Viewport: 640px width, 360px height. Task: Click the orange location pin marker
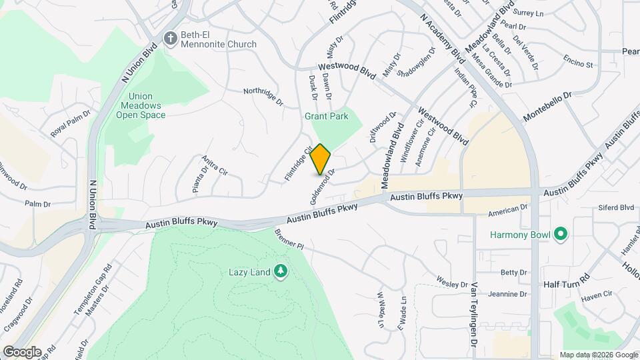(321, 159)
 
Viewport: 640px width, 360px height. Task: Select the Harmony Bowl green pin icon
(561, 234)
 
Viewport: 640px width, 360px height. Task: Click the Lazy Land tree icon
(281, 271)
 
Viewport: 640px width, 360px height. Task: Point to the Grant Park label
(327, 116)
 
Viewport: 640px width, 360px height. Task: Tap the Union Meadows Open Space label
(141, 105)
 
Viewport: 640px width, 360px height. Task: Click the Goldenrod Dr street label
(319, 187)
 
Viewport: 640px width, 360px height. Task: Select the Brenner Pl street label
(289, 239)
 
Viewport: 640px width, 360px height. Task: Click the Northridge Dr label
(263, 97)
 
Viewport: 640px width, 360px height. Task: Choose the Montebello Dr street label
(548, 105)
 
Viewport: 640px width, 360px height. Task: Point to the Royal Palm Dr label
(71, 124)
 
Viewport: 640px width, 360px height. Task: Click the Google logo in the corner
(21, 351)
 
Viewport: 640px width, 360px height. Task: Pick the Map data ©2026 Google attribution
(599, 355)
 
